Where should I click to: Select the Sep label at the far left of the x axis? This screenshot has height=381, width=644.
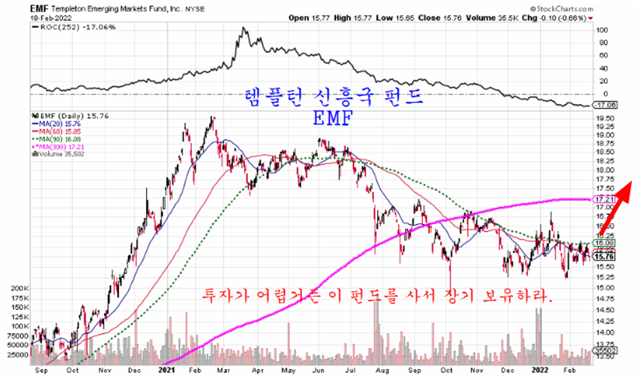coord(42,369)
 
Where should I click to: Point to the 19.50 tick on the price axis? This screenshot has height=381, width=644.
coord(604,118)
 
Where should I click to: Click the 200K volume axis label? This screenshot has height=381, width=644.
coord(20,287)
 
